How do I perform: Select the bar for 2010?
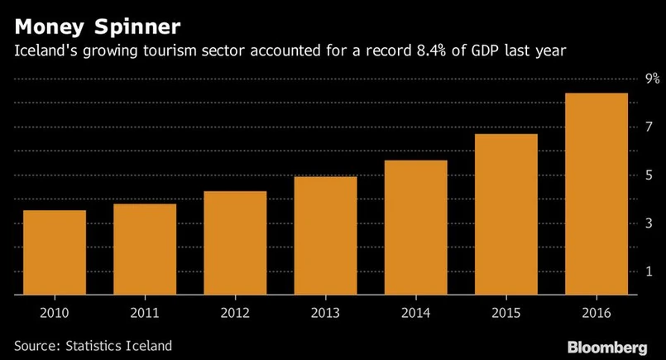[x=55, y=252]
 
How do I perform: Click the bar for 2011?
[x=145, y=249]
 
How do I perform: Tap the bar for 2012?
[x=235, y=243]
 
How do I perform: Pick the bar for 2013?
[x=325, y=236]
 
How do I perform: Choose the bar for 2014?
[x=415, y=228]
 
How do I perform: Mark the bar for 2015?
[x=505, y=214]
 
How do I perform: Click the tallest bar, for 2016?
[x=596, y=194]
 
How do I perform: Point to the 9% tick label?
[x=652, y=79]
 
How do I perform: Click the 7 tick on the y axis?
[x=649, y=127]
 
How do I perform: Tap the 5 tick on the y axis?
[x=649, y=175]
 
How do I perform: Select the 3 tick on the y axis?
[x=649, y=223]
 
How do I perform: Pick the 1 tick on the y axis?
[x=649, y=271]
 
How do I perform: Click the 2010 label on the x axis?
[x=55, y=313]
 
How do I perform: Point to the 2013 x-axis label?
[x=325, y=313]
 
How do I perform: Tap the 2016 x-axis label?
[x=596, y=313]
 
